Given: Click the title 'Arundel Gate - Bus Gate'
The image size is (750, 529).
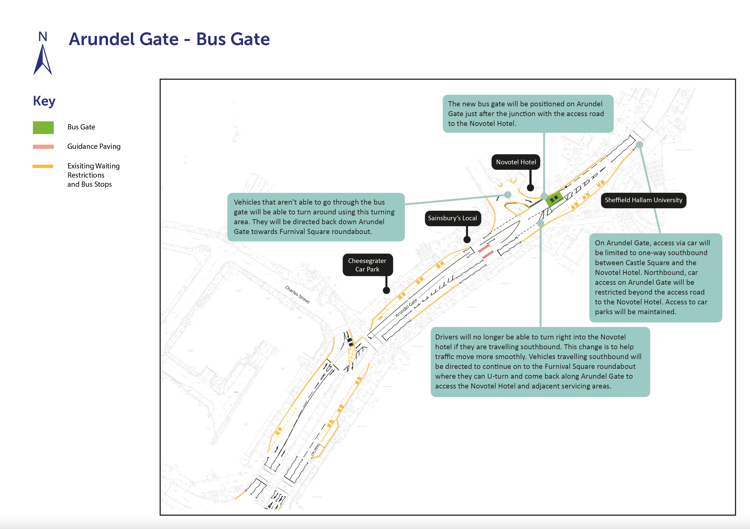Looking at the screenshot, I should click(x=169, y=39).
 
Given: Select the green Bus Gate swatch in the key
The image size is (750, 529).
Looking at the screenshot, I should click(x=43, y=127).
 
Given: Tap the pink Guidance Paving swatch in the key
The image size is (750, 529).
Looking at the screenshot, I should click(x=43, y=147).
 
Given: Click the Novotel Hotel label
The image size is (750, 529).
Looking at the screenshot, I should click(x=516, y=162).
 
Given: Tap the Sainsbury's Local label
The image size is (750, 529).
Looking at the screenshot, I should click(x=453, y=218).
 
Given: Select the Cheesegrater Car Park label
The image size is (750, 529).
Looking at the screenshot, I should click(x=368, y=265).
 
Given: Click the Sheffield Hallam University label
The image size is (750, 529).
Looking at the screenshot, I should click(x=643, y=200).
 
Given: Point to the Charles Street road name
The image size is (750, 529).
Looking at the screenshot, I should click(x=297, y=294).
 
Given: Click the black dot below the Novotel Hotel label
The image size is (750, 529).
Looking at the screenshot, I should click(x=530, y=188).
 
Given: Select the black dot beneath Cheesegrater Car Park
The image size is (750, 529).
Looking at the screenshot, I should click(x=386, y=290).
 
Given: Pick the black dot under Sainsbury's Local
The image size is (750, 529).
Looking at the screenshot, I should click(x=467, y=239).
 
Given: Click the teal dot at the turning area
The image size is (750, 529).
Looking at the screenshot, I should click(x=508, y=195).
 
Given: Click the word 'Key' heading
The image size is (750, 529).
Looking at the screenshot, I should click(x=44, y=101).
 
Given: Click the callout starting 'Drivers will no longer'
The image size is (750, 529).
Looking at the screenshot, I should click(x=540, y=362).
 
